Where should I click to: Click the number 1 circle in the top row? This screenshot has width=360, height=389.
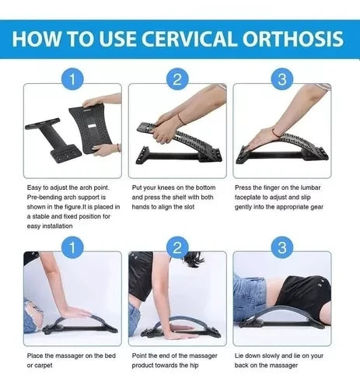pyautogui.click(x=72, y=79)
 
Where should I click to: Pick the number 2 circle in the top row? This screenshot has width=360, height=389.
pyautogui.click(x=177, y=79)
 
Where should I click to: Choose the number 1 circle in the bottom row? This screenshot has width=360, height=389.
pyautogui.click(x=72, y=248)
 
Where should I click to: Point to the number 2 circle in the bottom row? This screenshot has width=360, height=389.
pyautogui.click(x=177, y=248)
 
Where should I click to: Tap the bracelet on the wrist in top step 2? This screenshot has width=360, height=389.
pyautogui.click(x=180, y=117)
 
